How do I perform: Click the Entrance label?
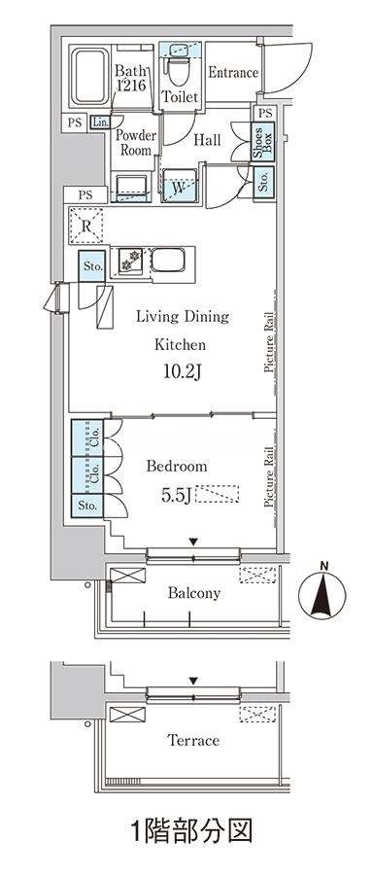[x=232, y=73]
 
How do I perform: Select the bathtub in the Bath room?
[x=90, y=77]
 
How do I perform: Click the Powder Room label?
[x=136, y=143]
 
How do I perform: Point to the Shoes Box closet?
[x=262, y=141]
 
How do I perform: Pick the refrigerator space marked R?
[x=85, y=226]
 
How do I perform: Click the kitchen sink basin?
[x=168, y=261]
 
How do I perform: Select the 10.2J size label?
[x=182, y=372]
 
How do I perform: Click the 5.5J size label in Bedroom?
[x=176, y=495]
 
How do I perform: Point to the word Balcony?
[x=194, y=593]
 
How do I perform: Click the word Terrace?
[x=193, y=741]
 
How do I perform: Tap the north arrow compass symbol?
[x=322, y=593]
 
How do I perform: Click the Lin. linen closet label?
[x=100, y=122]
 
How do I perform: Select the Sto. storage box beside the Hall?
[x=263, y=180]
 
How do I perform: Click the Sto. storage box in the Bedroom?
[x=87, y=507]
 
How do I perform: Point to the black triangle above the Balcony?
[x=193, y=542]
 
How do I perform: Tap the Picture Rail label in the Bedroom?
[x=269, y=476]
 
